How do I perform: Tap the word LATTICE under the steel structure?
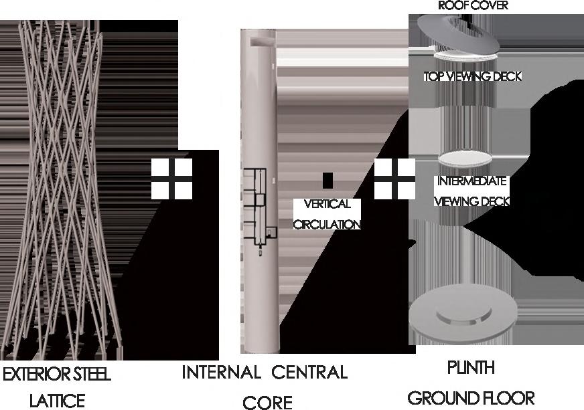coord(57,401)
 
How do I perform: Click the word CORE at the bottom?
coord(268,402)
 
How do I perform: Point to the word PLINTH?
coord(471,368)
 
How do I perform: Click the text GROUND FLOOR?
coord(471,398)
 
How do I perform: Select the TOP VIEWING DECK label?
coord(472,76)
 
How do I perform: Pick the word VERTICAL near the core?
coord(327,205)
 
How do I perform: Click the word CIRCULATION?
coord(327,224)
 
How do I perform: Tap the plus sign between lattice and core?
coord(171,179)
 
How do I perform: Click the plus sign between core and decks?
coord(394,179)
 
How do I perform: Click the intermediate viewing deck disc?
coord(465,160)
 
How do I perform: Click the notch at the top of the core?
coord(259,42)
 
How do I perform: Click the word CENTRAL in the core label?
coord(310,372)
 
